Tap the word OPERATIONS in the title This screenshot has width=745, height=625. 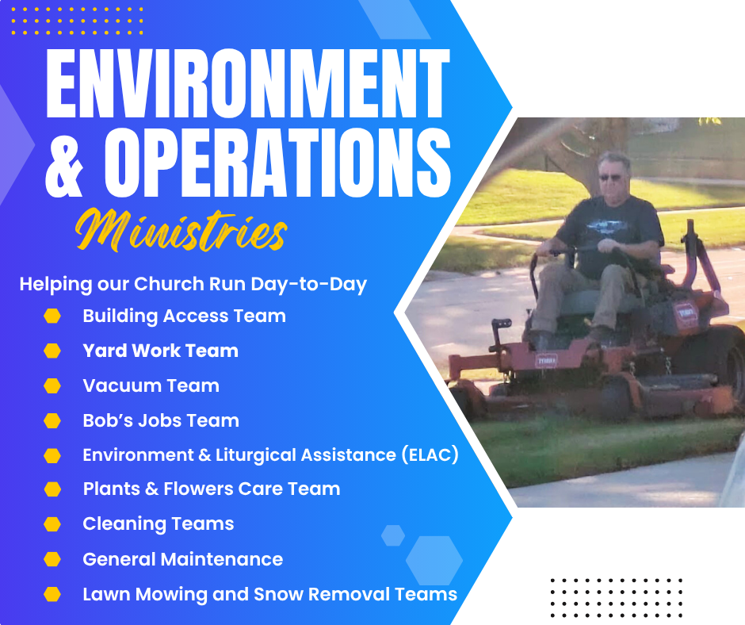pyautogui.click(x=277, y=163)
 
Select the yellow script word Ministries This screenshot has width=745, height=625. pyautogui.click(x=181, y=230)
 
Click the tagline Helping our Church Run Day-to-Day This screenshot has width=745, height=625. pyautogui.click(x=193, y=284)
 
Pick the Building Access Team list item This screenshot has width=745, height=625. pyautogui.click(x=185, y=316)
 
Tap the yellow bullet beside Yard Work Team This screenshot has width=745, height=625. pyautogui.click(x=52, y=351)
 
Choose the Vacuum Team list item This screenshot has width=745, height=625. pyautogui.click(x=151, y=385)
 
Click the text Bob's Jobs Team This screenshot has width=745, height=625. pyautogui.click(x=161, y=421)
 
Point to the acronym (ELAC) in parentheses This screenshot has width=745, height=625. pyautogui.click(x=430, y=454)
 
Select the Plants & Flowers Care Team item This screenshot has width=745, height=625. pyautogui.click(x=212, y=489)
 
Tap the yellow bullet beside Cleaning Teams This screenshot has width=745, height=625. pyautogui.click(x=52, y=524)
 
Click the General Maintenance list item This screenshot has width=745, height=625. pyautogui.click(x=183, y=559)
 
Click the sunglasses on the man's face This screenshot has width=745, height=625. pyautogui.click(x=611, y=178)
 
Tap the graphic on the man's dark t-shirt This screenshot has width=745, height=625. pyautogui.click(x=604, y=225)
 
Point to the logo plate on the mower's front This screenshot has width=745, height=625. pyautogui.click(x=546, y=361)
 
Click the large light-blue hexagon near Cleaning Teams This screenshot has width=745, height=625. pyautogui.click(x=434, y=560)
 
